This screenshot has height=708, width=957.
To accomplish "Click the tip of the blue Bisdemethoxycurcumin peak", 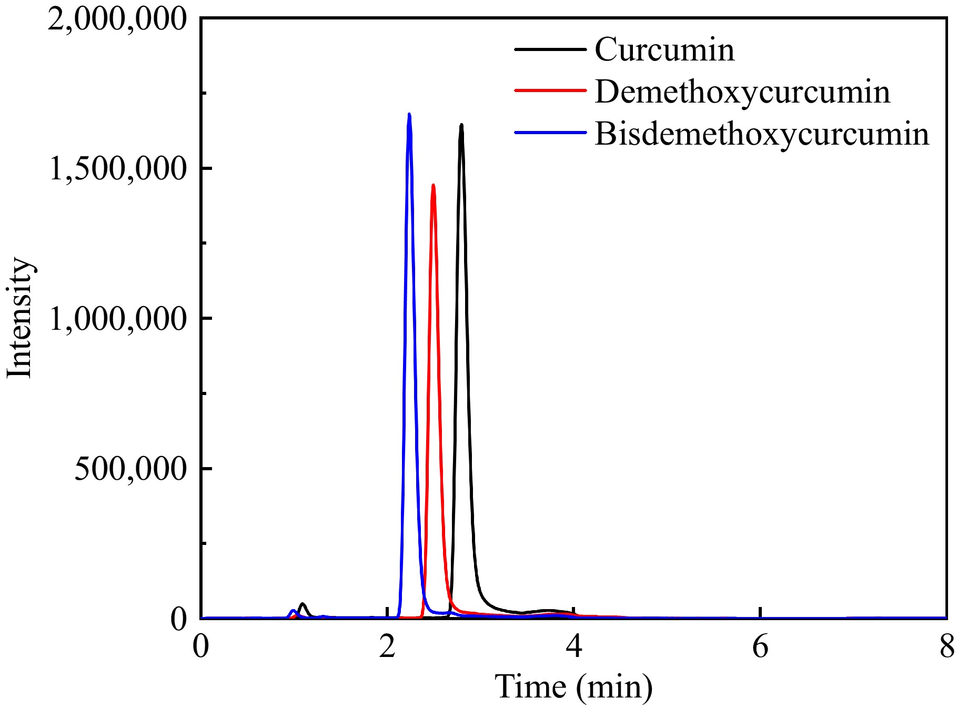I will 409,114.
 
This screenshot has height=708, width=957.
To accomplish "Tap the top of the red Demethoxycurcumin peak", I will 433,185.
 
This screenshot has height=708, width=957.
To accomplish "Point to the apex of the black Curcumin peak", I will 461,125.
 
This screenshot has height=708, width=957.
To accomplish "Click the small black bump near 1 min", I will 302,604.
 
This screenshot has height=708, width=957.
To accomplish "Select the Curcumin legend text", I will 664,49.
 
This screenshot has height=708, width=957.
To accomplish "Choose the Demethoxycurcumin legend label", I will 742,92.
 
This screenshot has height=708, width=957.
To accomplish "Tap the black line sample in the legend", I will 550,49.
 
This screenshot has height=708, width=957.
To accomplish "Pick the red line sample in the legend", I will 550,90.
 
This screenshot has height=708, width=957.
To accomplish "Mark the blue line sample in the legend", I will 550,133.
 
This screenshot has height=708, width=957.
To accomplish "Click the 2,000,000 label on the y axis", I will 117,19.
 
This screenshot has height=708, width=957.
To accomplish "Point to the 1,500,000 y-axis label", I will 117,169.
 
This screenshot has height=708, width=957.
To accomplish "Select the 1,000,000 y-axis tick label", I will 117,319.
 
